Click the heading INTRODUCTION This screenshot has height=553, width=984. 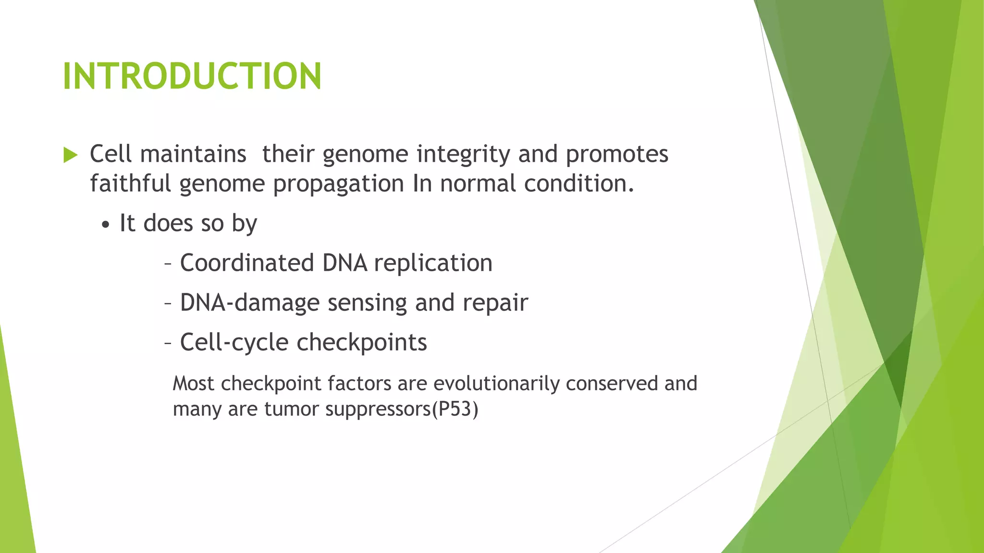(x=192, y=76)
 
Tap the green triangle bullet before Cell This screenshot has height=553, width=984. (x=70, y=155)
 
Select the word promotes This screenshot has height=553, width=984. (x=617, y=155)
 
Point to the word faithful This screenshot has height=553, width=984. (x=130, y=184)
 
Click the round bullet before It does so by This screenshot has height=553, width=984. (x=106, y=225)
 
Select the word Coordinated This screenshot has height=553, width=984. (x=247, y=263)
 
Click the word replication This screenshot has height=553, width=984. (x=433, y=264)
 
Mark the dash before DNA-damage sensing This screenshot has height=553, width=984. (x=168, y=304)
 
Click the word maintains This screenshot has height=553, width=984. (x=193, y=155)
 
